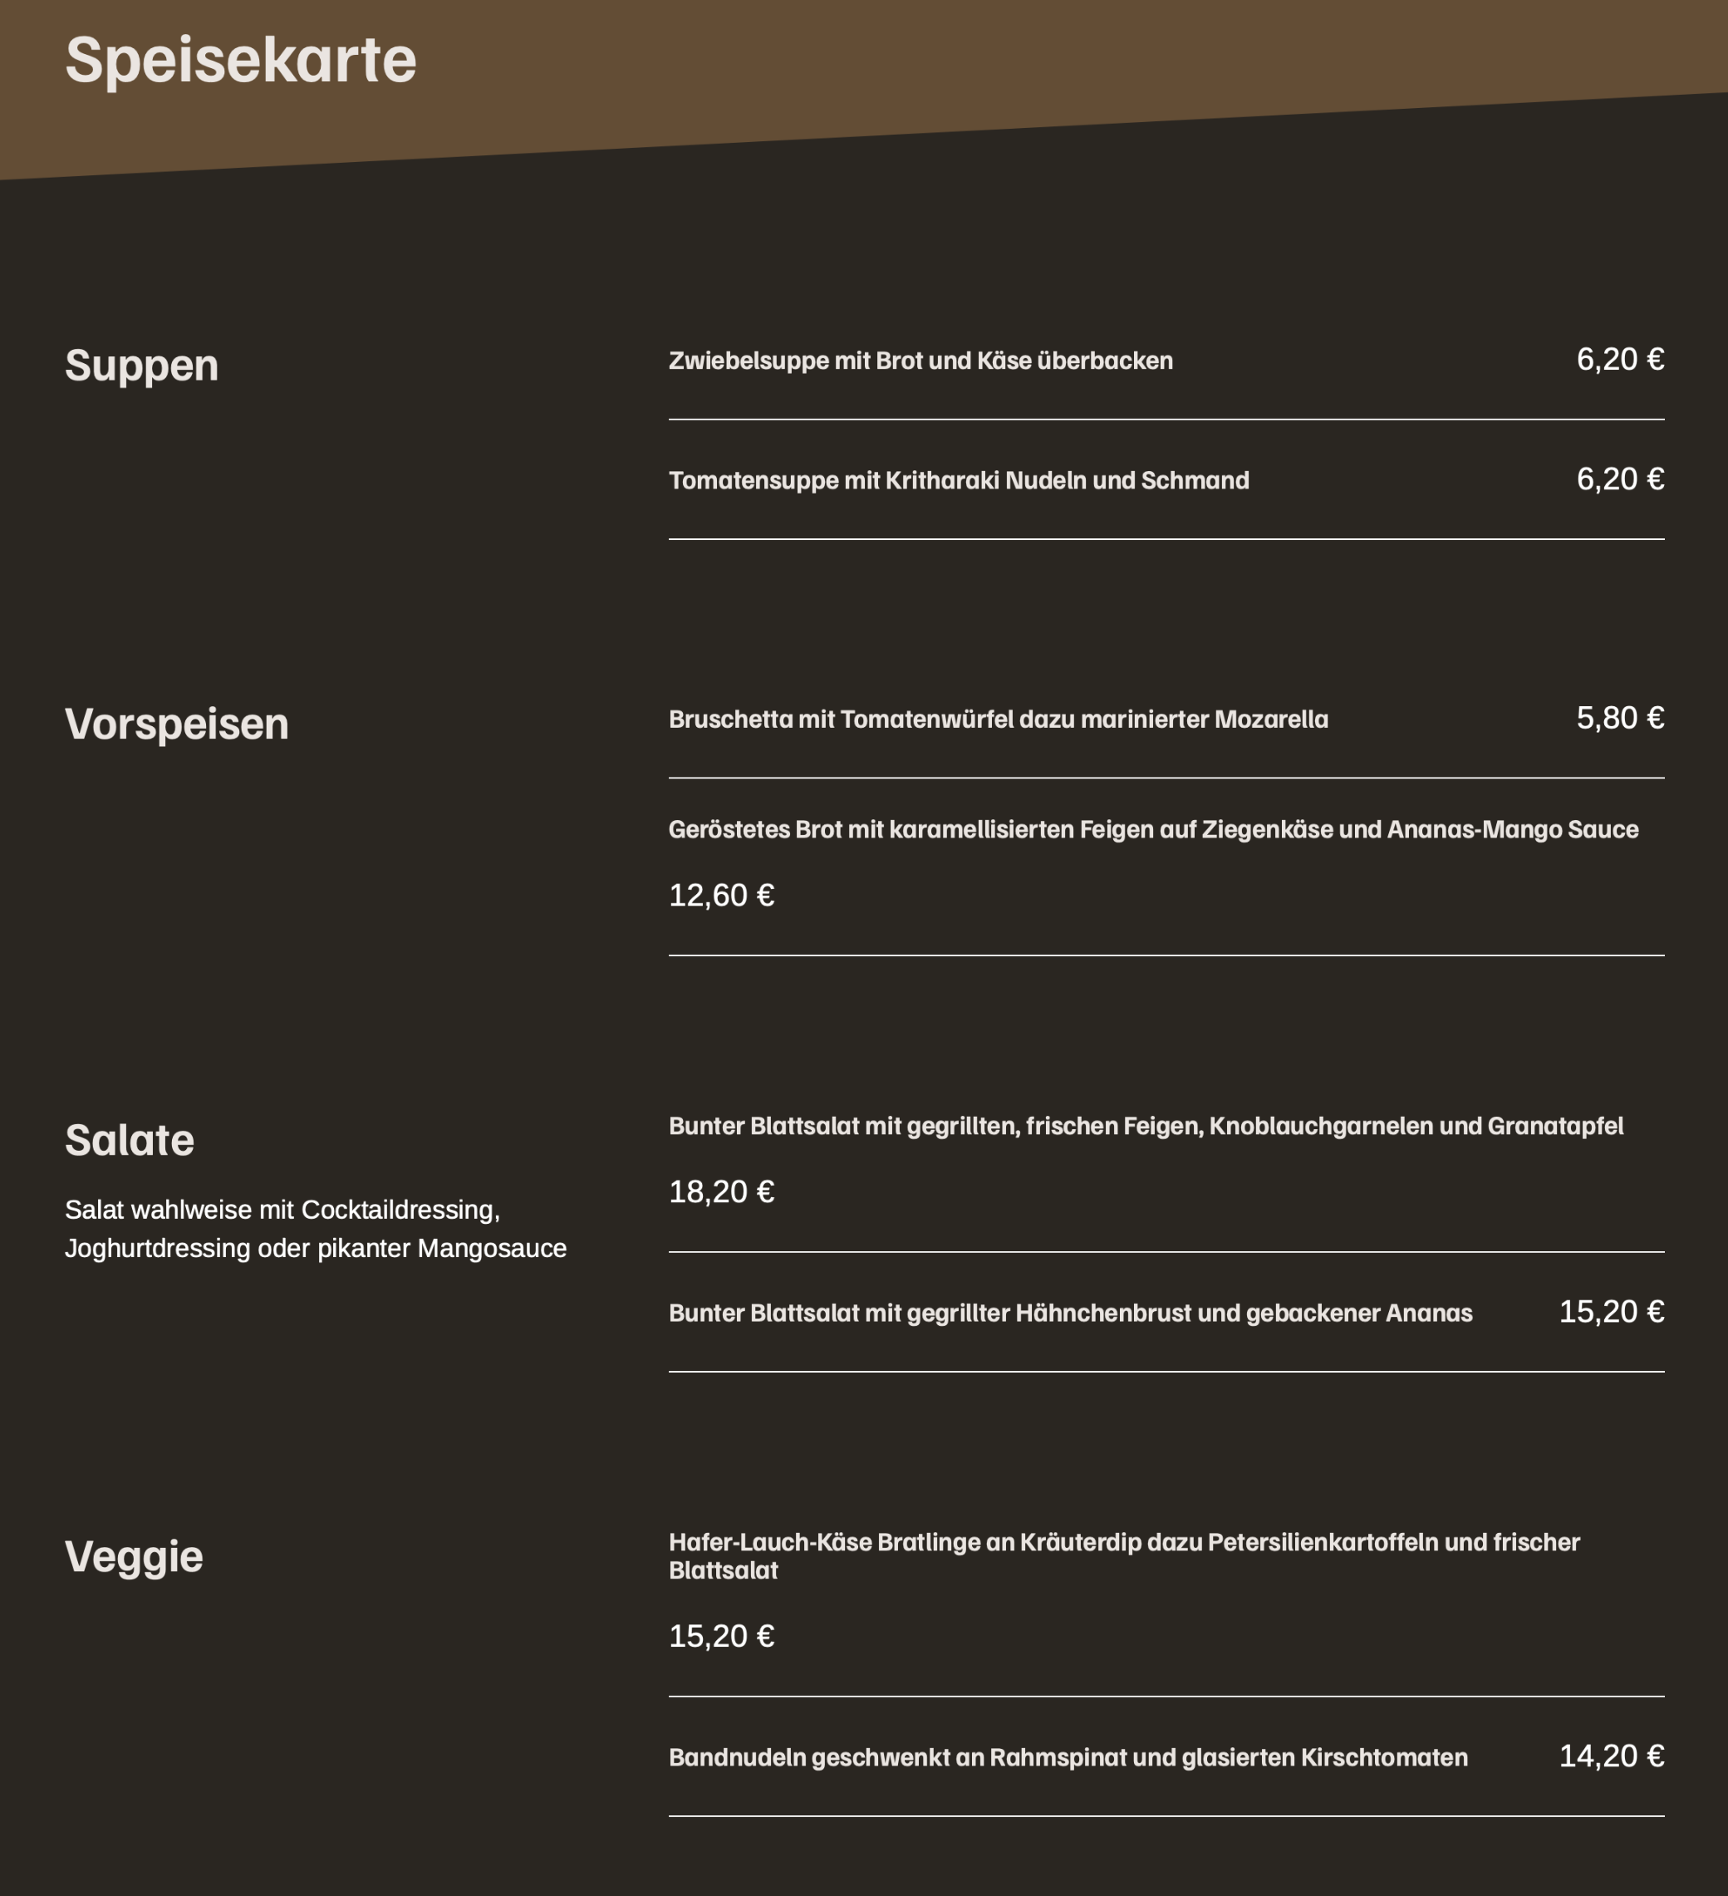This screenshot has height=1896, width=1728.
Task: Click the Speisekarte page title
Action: point(241,60)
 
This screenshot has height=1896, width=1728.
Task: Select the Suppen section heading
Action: point(142,365)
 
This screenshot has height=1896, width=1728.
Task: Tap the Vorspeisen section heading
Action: point(177,725)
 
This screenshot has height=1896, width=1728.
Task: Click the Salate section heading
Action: point(130,1140)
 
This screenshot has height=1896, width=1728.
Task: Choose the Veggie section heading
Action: point(135,1556)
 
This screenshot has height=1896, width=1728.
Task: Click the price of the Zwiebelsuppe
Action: point(1620,359)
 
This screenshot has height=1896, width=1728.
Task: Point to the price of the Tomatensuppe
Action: point(1620,479)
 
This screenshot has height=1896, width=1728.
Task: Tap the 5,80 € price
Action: point(1620,719)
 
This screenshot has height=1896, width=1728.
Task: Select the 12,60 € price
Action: point(721,896)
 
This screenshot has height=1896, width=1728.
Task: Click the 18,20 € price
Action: point(721,1192)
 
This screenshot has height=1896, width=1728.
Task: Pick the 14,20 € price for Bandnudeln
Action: point(1612,1756)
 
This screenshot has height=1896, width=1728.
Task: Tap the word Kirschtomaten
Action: point(1384,1758)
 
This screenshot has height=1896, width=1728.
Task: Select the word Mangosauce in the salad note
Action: point(492,1248)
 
